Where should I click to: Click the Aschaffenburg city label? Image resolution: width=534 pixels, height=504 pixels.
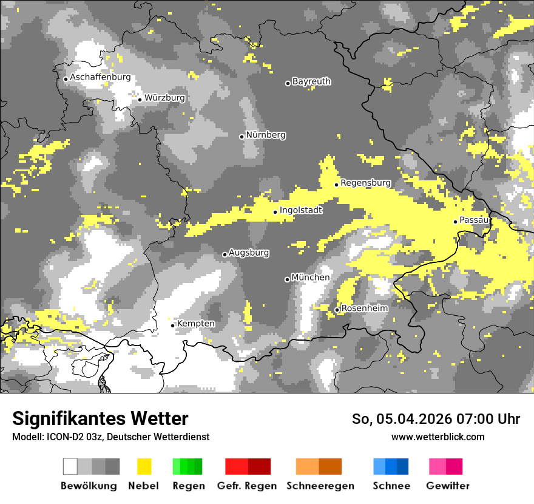(100, 78)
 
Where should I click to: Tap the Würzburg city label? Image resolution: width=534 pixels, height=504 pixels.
(164, 98)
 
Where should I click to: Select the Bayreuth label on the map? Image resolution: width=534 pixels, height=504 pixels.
(311, 81)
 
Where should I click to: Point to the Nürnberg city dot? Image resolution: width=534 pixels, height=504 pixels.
(242, 137)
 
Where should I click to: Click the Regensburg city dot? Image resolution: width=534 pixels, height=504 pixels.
(336, 185)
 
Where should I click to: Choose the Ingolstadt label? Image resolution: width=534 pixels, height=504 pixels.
(301, 211)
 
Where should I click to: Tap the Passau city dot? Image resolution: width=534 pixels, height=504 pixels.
(455, 222)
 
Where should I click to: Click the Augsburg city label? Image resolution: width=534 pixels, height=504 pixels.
(249, 253)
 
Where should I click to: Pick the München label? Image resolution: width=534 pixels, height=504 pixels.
(311, 278)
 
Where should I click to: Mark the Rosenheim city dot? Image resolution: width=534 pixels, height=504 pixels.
(337, 310)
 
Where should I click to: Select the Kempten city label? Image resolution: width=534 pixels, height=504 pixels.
(195, 324)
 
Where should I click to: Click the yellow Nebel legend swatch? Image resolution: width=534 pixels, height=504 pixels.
(144, 466)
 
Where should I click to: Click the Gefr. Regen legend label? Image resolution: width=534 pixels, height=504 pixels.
(247, 486)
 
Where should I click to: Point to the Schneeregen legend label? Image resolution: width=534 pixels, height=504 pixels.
(320, 486)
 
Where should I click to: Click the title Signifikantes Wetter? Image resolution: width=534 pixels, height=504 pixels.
(100, 418)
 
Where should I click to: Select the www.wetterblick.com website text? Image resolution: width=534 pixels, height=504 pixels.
(438, 437)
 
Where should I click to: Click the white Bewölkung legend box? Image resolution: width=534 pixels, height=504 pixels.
(70, 466)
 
